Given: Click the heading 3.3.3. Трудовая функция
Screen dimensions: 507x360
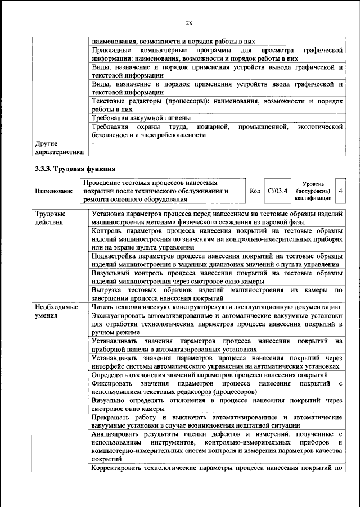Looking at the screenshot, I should coord(75,168).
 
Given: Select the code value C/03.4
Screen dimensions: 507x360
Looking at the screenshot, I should coord(278,191).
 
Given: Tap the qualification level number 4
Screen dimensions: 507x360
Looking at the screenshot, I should coord(340,191).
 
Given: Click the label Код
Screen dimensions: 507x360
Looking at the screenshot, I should coord(254,191).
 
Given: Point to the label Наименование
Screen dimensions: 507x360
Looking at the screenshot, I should coord(54,191).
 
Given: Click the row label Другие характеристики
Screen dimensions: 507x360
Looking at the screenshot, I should coord(59,148).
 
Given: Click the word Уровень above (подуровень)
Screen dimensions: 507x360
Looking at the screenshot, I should coord(313,183).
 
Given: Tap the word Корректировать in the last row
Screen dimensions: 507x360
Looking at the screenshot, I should coord(119,468).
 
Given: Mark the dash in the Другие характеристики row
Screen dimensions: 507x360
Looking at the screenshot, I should coord(93,144).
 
